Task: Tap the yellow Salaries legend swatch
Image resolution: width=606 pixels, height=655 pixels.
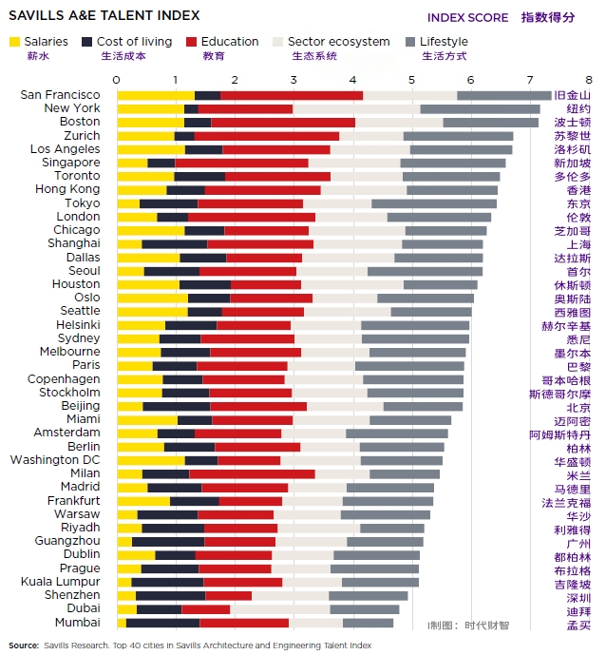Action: (15, 42)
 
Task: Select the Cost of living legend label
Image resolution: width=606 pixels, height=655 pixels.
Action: (134, 42)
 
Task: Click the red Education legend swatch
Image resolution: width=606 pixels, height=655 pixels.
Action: (192, 42)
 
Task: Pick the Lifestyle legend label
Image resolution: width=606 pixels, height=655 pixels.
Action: (444, 42)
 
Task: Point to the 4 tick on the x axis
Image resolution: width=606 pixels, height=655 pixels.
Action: (352, 79)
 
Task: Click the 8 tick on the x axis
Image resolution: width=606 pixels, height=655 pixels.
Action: (588, 79)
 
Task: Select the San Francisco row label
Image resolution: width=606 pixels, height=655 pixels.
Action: (60, 95)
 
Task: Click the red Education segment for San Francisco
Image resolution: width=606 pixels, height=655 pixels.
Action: (292, 95)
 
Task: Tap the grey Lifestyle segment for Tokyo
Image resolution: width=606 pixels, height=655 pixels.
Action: (434, 203)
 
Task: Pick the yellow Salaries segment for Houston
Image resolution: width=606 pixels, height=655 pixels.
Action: (147, 284)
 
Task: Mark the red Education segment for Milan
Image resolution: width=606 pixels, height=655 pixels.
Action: (252, 473)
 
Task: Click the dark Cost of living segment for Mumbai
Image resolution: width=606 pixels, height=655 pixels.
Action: (162, 623)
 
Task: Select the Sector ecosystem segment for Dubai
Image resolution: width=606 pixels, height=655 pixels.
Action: (279, 609)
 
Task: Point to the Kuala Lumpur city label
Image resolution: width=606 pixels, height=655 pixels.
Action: (61, 582)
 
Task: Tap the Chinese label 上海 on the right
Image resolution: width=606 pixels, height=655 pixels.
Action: (578, 244)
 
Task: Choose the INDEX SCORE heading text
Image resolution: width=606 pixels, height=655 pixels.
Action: (467, 17)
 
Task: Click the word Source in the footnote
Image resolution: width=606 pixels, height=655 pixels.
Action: (24, 645)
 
